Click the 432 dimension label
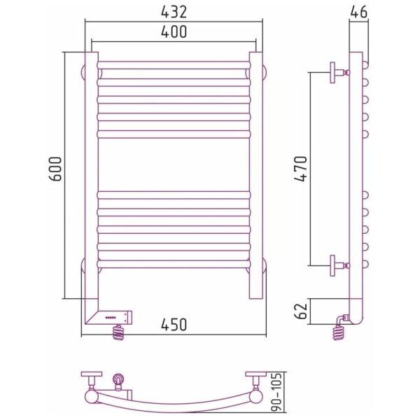point(174,12)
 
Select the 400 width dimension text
point(174,31)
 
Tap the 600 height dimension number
point(56,169)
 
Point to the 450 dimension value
point(174,325)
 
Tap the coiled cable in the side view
point(338,332)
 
